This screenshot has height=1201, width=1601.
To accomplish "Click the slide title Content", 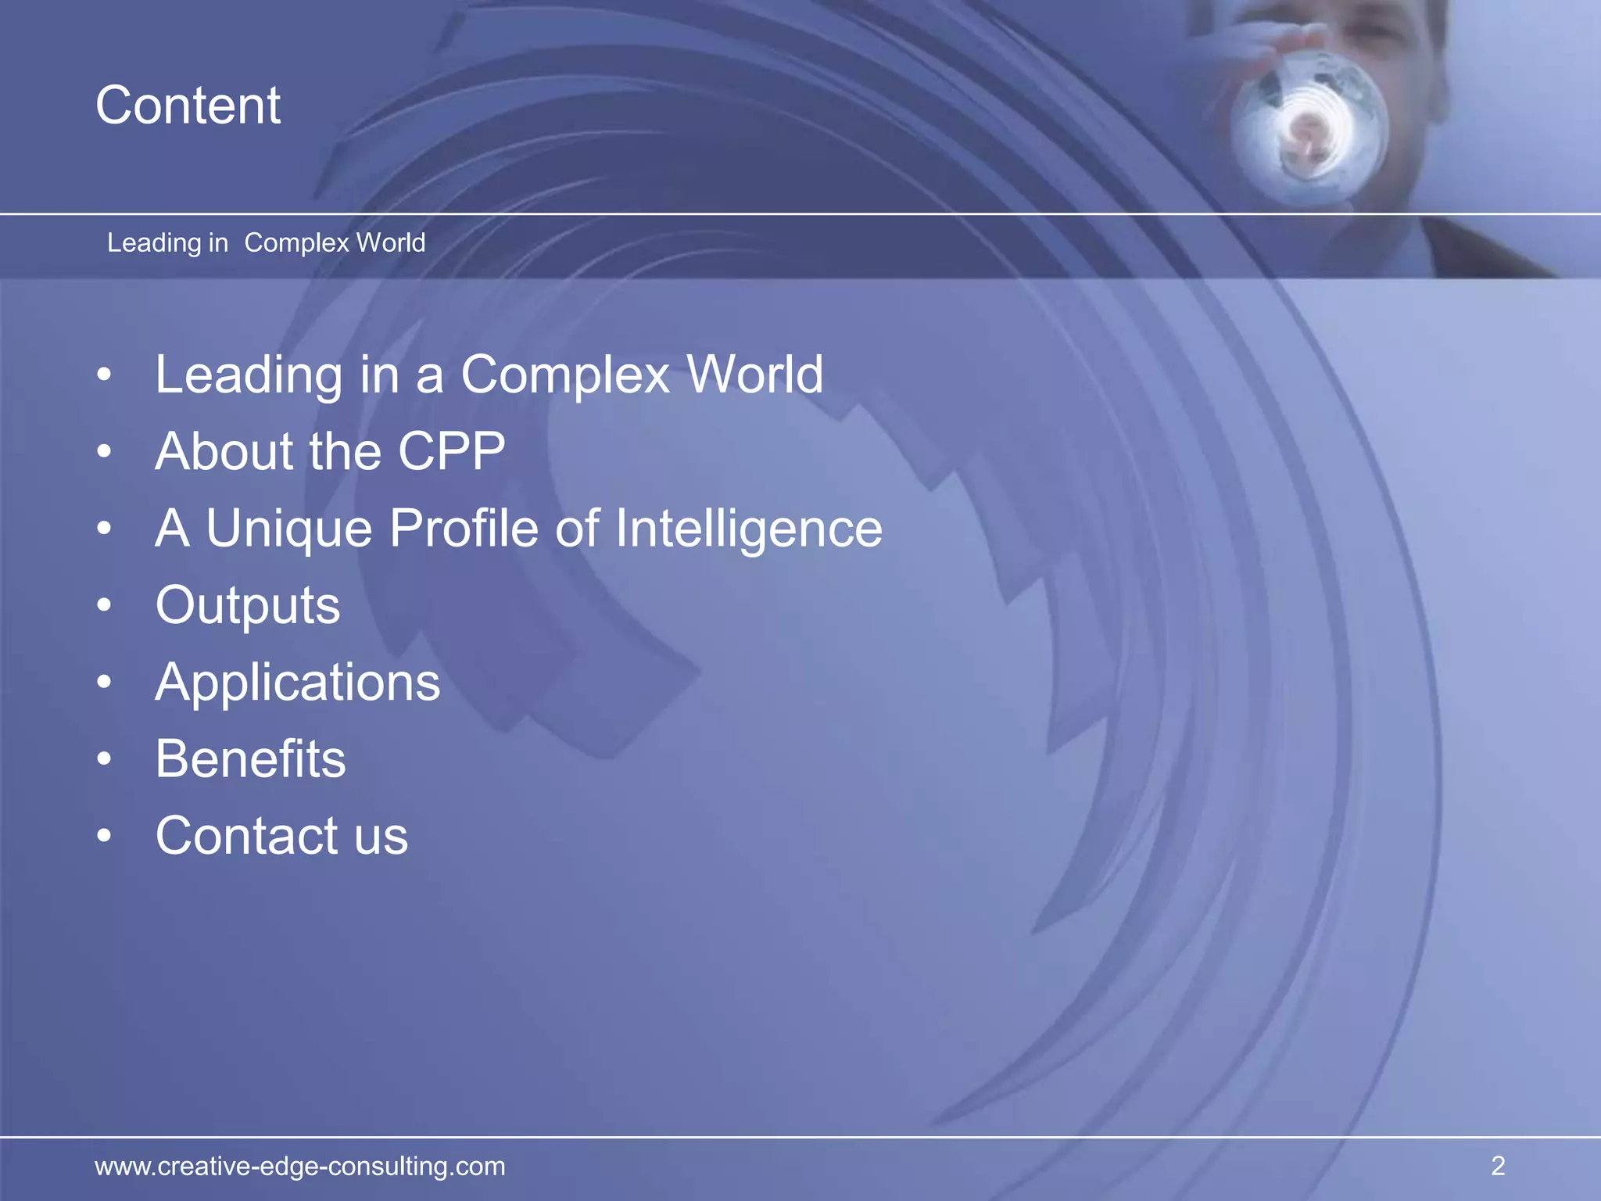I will click(x=188, y=106).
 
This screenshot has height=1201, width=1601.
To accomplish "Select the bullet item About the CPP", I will click(x=330, y=452).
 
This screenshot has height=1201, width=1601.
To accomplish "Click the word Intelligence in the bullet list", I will click(x=749, y=529).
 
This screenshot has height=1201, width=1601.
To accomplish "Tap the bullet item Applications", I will click(x=298, y=683).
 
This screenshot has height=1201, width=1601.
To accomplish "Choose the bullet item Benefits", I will click(x=250, y=759).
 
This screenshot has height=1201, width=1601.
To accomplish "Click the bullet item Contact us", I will click(x=281, y=836).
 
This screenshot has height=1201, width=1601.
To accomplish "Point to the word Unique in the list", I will click(x=288, y=529).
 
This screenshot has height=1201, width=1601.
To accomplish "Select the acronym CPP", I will click(x=452, y=452).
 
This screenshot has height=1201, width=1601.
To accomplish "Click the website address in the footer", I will click(x=300, y=1166).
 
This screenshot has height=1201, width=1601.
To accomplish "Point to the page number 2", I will click(x=1498, y=1166).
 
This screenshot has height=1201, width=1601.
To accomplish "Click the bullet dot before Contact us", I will click(x=105, y=836).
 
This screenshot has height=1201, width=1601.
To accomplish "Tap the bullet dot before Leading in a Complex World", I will click(x=105, y=375).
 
